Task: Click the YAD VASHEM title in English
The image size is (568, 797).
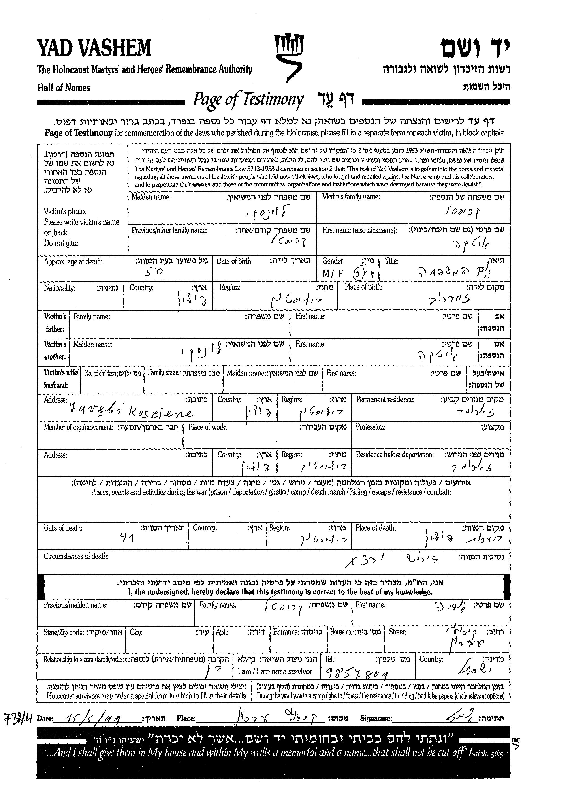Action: point(94,48)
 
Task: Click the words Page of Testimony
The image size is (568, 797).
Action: point(248,99)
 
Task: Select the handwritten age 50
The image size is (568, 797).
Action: point(154,272)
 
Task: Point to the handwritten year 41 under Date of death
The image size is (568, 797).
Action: point(127,537)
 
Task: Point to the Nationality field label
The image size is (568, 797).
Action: point(60,288)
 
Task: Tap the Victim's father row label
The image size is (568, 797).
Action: point(55,323)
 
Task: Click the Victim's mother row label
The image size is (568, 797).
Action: point(55,350)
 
